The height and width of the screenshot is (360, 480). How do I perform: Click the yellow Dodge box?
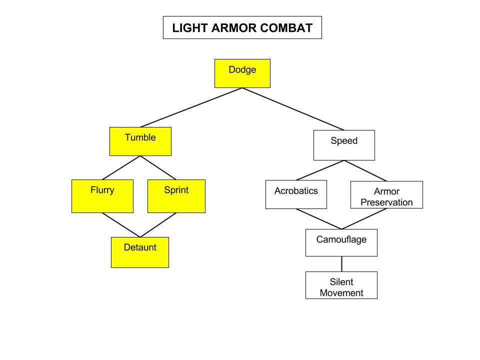pos(242,73)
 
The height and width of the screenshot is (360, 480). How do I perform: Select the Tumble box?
pos(140,141)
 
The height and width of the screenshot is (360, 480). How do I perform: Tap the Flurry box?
pos(102,196)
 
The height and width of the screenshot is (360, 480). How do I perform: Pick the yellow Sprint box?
pos(176,196)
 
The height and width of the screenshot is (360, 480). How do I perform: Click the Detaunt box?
pos(140,252)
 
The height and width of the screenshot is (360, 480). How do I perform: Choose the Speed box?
pos(344,145)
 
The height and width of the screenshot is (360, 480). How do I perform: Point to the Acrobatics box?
pos(296,194)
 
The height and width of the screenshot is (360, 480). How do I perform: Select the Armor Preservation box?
pos(386,195)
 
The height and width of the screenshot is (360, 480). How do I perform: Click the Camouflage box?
pos(341,242)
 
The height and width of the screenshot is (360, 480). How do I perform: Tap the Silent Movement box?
pos(341,285)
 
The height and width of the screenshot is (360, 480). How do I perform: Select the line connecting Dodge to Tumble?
pos(191,107)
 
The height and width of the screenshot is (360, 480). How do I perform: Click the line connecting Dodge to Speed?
pos(293,109)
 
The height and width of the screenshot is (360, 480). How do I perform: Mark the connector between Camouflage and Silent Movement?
pos(341,264)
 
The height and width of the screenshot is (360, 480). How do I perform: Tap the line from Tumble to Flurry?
pos(121,167)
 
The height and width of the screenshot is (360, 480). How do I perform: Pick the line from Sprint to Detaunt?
pos(158,225)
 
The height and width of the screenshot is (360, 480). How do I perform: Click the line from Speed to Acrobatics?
pos(320,170)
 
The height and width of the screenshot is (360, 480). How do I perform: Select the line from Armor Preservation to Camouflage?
pos(364,219)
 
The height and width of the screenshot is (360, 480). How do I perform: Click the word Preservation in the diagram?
pos(386,202)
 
